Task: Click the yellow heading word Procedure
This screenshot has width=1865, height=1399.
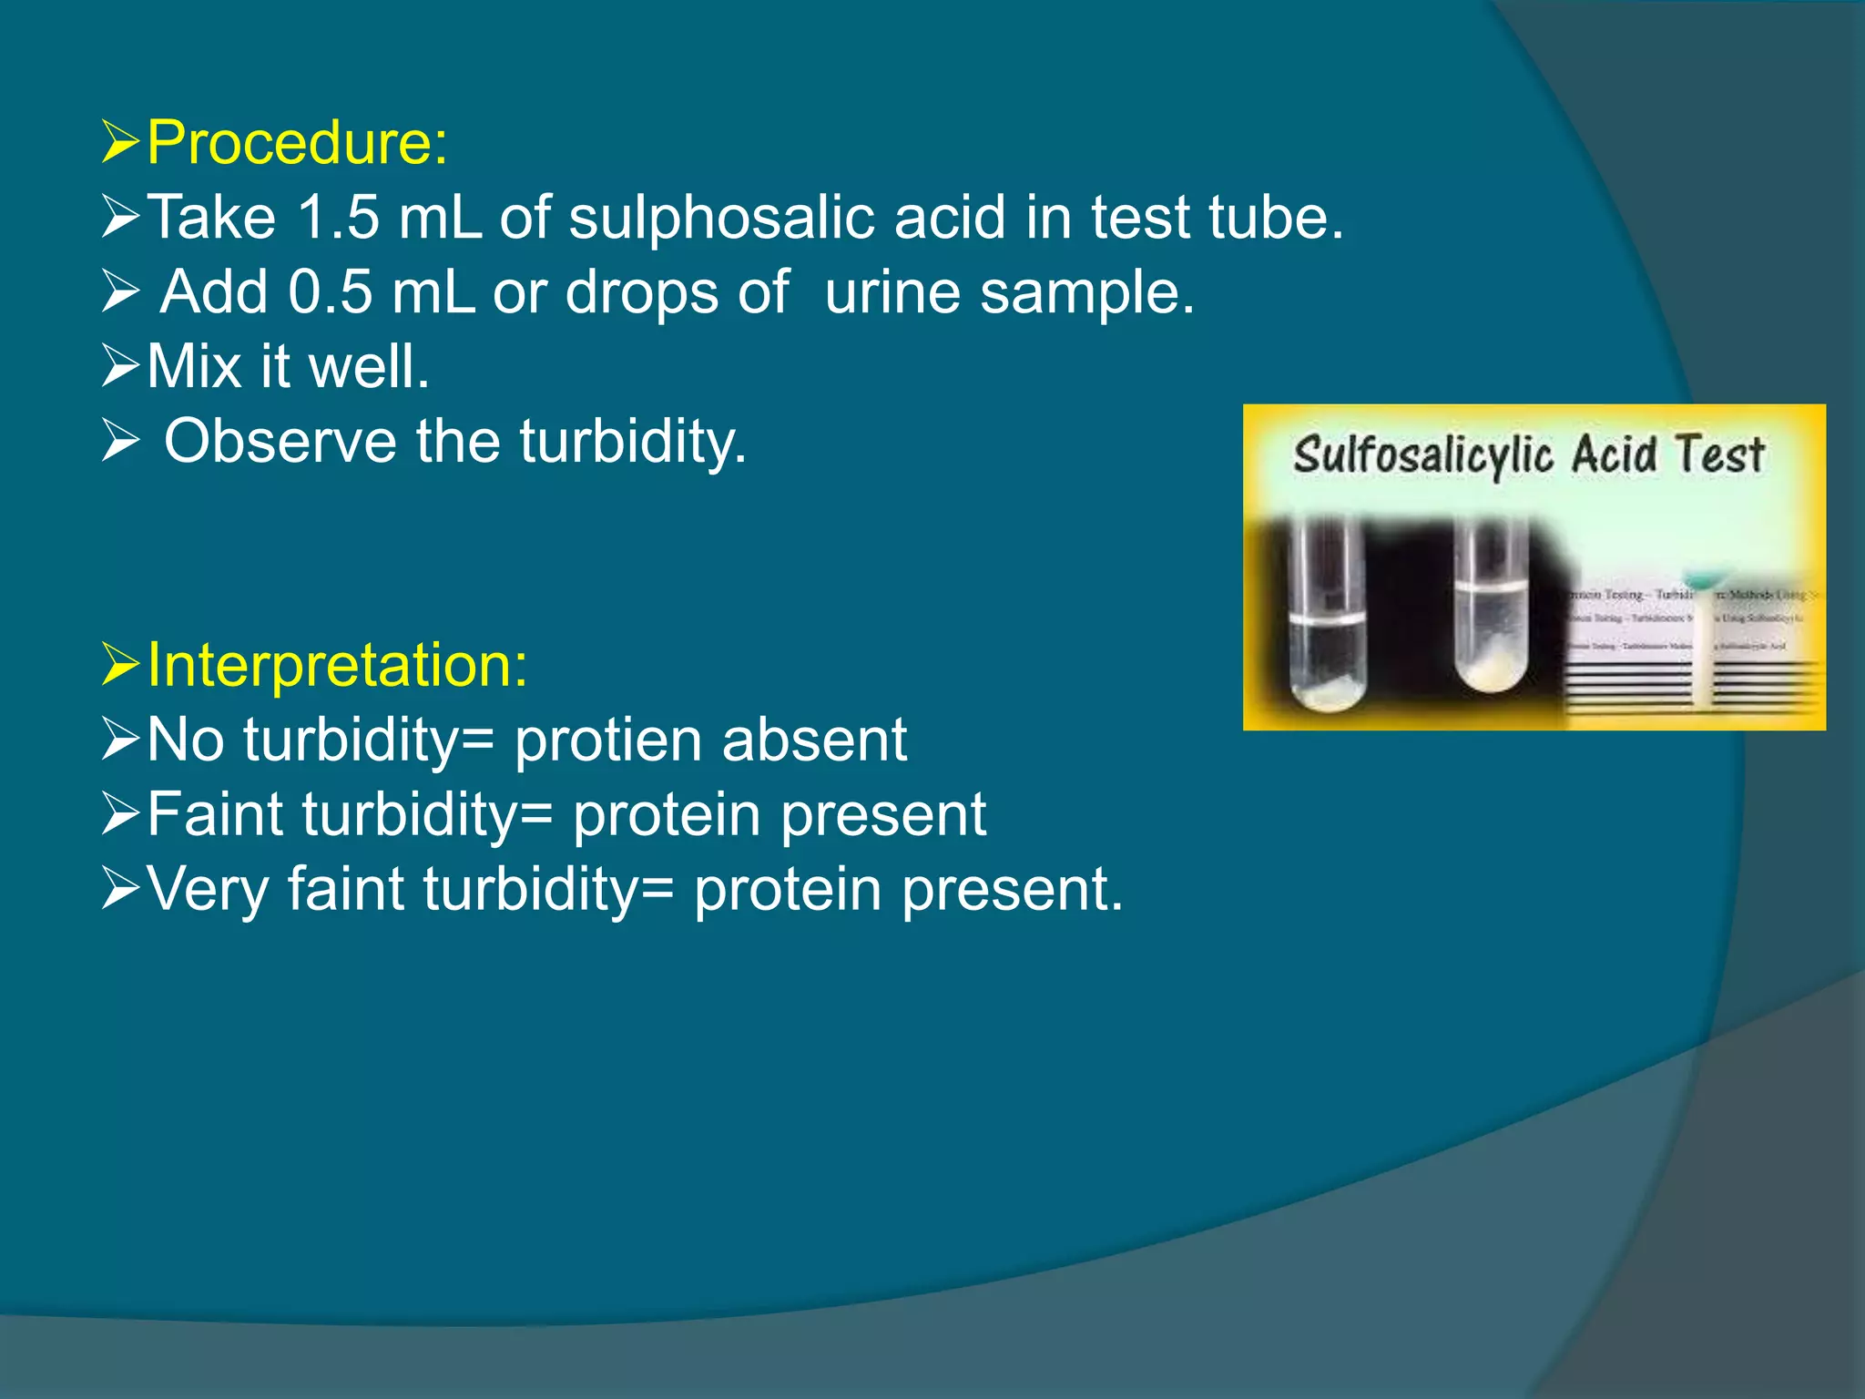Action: click(296, 143)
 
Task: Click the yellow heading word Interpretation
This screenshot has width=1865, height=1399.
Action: click(336, 665)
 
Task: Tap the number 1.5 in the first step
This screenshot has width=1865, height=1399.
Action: click(338, 218)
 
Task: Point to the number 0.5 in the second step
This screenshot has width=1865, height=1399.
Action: click(331, 292)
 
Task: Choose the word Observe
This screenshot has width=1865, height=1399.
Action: click(280, 442)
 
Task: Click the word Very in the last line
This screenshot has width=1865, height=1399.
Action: click(208, 889)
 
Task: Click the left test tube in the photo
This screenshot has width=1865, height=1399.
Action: click(1328, 619)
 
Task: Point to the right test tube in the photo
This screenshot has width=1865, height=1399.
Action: click(1491, 610)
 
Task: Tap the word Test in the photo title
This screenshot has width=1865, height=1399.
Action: click(1719, 453)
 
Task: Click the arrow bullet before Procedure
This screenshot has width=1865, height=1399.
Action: click(120, 143)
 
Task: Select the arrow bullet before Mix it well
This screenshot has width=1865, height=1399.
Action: click(120, 367)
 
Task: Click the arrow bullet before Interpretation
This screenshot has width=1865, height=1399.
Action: click(120, 665)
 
